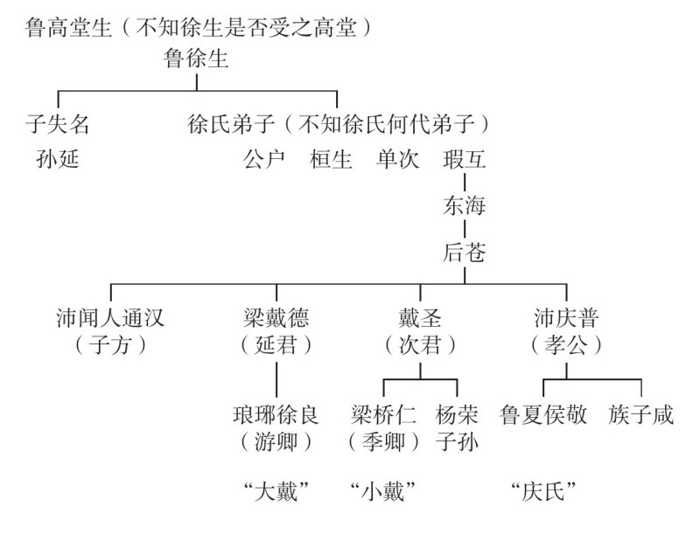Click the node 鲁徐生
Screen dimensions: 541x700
(196, 59)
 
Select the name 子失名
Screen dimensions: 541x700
(57, 125)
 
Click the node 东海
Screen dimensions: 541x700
(465, 207)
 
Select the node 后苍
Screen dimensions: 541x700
(465, 254)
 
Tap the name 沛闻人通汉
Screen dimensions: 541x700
(109, 316)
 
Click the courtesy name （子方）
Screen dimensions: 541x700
(109, 345)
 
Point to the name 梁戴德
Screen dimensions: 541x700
(276, 316)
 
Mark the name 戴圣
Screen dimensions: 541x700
(420, 316)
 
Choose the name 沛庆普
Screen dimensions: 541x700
(566, 316)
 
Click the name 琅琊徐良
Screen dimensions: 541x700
(276, 413)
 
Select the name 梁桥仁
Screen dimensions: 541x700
(383, 413)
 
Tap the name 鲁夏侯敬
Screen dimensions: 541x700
(543, 413)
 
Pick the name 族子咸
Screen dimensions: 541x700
(641, 413)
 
